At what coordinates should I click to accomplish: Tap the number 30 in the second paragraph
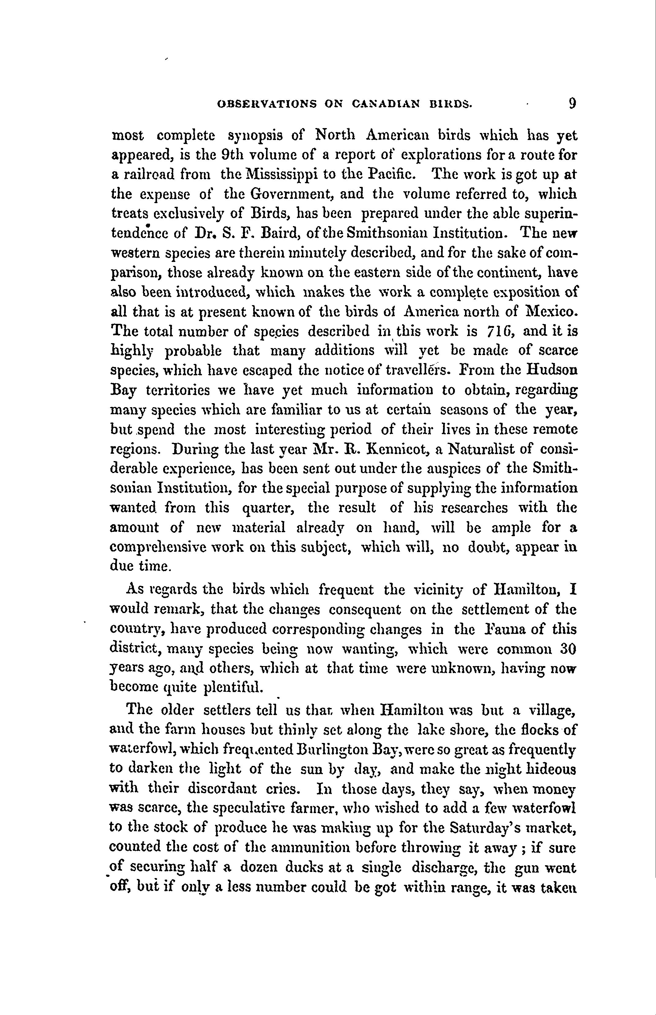coord(568,649)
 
